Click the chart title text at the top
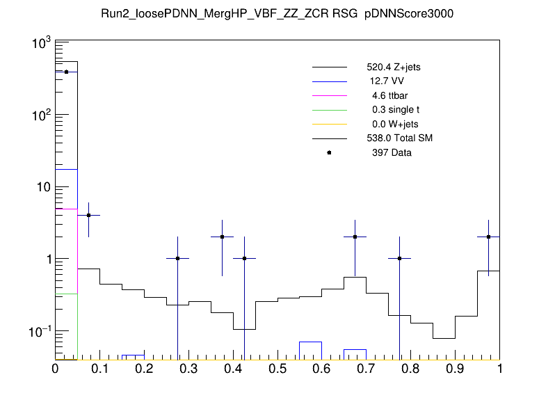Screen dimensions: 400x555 click(x=277, y=15)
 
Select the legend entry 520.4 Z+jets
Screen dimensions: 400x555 click(x=393, y=68)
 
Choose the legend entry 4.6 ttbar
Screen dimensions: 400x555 click(x=389, y=96)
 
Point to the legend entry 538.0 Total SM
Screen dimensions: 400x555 click(x=399, y=138)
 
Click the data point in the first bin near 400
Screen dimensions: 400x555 click(x=66, y=72)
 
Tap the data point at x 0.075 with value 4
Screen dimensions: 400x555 click(x=88, y=216)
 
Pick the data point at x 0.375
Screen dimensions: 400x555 click(x=222, y=237)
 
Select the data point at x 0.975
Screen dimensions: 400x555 click(x=488, y=237)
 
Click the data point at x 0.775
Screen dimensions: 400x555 click(x=399, y=259)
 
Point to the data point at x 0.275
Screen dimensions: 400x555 click(x=177, y=259)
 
